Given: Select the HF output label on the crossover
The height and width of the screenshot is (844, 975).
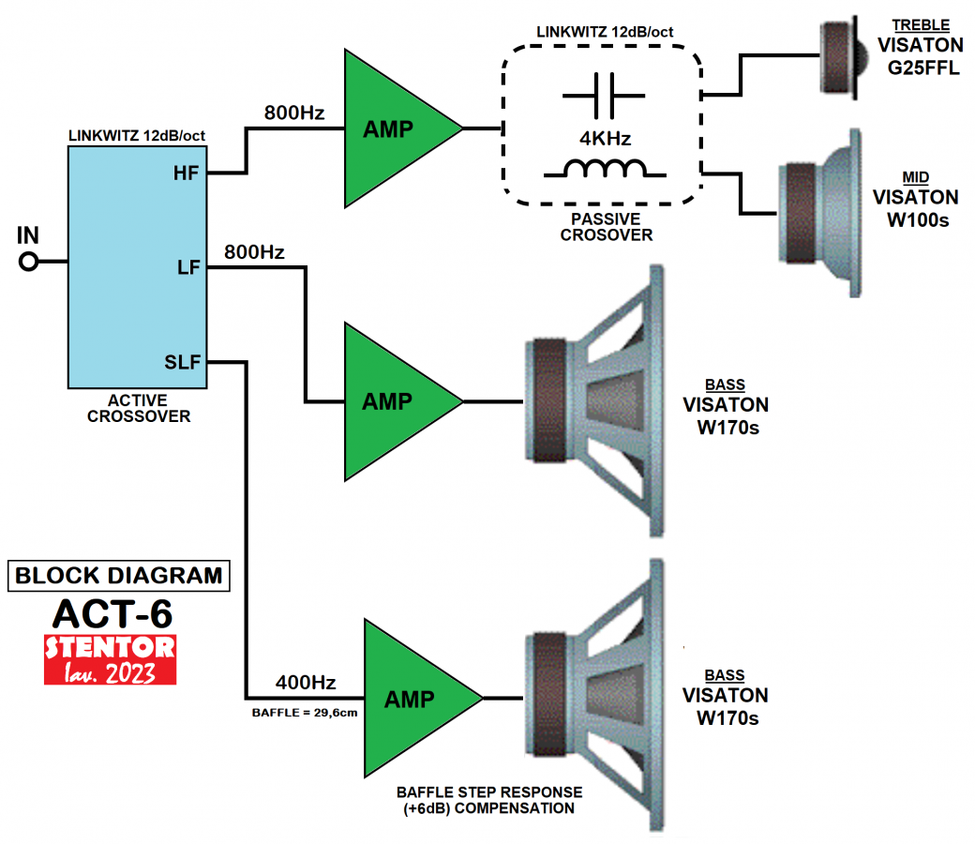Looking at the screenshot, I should [186, 173].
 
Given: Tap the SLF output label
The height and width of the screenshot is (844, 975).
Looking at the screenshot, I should [184, 362].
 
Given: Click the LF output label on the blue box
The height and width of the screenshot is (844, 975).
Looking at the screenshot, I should [188, 268].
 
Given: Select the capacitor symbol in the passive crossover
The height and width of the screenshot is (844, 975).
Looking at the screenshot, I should [604, 96].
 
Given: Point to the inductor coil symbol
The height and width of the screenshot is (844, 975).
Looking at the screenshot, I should [605, 170].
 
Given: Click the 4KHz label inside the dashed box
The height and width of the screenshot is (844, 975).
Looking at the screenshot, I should [605, 139].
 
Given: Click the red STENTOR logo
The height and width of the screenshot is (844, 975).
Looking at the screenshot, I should [110, 659].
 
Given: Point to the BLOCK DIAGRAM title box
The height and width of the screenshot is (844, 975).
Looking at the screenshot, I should [119, 575].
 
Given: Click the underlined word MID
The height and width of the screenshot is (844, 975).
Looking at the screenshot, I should [915, 177].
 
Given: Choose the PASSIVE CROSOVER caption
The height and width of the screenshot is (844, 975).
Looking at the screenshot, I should [606, 228].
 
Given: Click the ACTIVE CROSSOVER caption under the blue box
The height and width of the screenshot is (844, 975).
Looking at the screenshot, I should [139, 409].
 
